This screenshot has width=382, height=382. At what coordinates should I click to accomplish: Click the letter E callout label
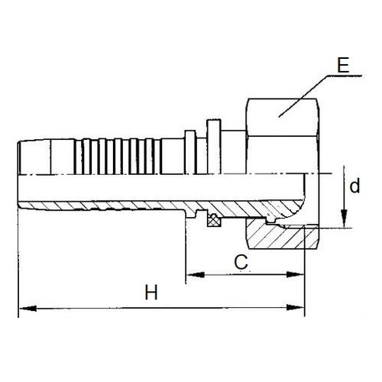click(343, 66)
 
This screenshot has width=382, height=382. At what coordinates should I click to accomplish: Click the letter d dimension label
click(354, 186)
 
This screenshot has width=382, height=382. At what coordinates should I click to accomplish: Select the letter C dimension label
click(241, 262)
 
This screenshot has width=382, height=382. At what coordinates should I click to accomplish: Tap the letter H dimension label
click(151, 293)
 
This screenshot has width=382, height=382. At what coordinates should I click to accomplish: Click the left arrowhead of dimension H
click(28, 309)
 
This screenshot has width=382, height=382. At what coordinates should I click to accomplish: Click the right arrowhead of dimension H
click(296, 307)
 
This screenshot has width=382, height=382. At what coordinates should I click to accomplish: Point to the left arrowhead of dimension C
click(196, 275)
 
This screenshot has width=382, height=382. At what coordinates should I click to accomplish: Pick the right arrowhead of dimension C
click(296, 274)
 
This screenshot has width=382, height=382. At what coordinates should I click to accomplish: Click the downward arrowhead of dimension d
click(344, 218)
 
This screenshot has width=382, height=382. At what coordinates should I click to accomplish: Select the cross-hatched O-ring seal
click(214, 220)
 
